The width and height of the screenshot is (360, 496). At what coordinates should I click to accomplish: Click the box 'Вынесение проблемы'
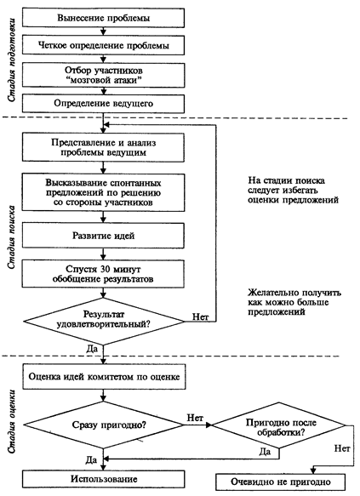103,18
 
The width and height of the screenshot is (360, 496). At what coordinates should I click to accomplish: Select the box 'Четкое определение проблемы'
103,45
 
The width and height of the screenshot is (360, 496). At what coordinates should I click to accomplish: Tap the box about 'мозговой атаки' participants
103,75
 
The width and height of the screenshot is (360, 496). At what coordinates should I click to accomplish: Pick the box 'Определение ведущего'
103,104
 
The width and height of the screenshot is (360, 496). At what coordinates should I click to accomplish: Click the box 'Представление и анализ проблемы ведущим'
103,147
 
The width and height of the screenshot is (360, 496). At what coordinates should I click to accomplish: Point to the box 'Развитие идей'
103,236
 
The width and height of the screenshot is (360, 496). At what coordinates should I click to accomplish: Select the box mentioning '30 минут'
103,274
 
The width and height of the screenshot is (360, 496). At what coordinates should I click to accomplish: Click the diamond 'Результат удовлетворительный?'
104,322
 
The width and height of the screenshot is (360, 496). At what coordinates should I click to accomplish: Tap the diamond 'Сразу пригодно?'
104,425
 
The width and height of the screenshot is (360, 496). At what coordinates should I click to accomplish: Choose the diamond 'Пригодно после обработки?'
278,425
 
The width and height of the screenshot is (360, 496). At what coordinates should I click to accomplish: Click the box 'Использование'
103,479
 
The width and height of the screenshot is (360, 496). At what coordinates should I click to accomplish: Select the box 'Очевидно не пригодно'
280,482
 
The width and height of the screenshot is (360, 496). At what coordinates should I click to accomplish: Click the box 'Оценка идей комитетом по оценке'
104,377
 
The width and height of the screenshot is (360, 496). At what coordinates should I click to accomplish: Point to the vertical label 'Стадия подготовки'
12,60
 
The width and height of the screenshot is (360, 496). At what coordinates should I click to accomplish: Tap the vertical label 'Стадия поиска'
12,237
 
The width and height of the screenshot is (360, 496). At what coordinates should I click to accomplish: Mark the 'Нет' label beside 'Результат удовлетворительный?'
201,316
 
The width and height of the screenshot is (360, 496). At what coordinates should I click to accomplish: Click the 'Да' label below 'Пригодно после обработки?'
265,452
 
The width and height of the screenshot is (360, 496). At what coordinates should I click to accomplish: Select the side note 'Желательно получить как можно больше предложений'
294,302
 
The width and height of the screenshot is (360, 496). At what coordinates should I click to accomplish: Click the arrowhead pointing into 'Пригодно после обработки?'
209,425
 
